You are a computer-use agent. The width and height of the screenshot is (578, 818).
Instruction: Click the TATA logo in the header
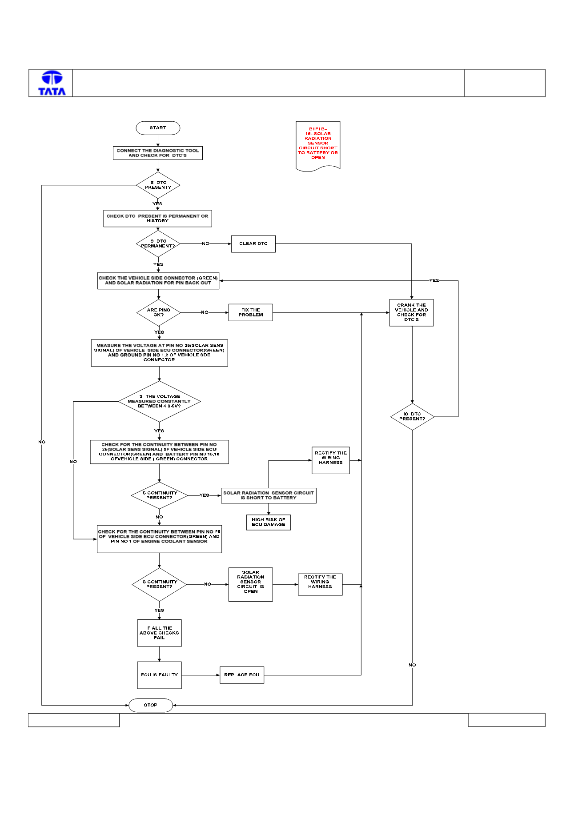52,83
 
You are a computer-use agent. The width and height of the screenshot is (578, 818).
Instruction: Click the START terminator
158,128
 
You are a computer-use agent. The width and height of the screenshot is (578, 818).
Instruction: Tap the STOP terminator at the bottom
151,705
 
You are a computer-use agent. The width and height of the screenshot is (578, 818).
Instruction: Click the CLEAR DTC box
253,244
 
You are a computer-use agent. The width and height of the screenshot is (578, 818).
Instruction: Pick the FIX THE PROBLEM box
251,312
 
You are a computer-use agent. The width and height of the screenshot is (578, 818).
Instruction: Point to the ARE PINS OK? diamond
159,312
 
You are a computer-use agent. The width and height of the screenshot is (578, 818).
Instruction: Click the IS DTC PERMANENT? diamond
158,243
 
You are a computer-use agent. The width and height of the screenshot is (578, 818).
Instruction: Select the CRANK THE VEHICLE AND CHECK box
412,313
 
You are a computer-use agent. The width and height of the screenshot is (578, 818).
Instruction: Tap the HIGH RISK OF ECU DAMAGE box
269,523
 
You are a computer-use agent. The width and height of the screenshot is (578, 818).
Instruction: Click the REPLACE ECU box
242,675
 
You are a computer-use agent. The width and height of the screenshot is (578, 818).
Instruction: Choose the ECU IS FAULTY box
160,675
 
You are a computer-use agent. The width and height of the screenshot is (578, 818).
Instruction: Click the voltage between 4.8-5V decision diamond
159,401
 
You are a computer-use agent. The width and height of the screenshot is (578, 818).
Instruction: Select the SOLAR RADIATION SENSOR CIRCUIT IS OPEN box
251,584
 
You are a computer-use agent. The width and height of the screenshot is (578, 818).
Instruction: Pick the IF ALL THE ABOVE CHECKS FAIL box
160,633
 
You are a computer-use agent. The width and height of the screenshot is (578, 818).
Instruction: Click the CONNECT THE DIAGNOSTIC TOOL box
158,153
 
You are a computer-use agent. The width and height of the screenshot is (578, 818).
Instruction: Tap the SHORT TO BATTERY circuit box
269,495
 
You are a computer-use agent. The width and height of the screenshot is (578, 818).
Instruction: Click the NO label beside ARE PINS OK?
205,312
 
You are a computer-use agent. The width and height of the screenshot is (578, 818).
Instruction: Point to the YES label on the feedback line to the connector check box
434,280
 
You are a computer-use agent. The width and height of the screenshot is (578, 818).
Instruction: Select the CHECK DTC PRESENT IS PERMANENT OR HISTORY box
158,219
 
